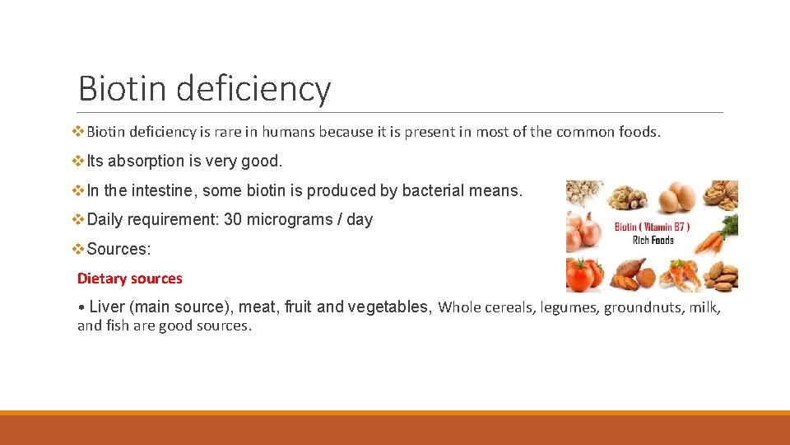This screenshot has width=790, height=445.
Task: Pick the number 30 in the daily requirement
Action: tap(232, 220)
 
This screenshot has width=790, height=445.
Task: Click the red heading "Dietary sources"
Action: tap(130, 279)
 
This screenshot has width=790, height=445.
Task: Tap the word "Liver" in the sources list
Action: tap(107, 307)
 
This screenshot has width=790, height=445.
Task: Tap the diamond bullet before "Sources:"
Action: tap(80, 249)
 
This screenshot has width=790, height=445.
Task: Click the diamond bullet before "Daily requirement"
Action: tap(80, 220)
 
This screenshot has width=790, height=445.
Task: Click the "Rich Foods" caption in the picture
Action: tap(653, 241)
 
